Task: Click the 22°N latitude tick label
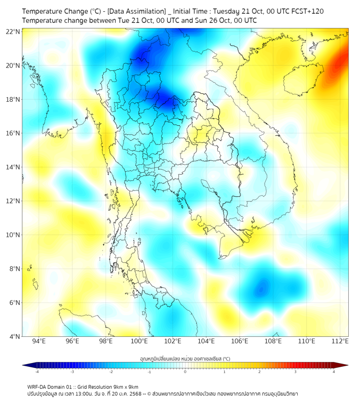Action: tap(13, 31)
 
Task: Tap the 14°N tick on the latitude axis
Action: tap(13, 167)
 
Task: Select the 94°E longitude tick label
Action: tap(39, 341)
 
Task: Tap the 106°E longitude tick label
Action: tap(240, 341)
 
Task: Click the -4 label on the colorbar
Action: tap(37, 372)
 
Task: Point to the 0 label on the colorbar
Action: tap(185, 372)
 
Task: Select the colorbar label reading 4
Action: tap(334, 372)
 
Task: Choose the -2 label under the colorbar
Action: tap(111, 372)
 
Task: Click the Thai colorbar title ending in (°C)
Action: tap(185, 358)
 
